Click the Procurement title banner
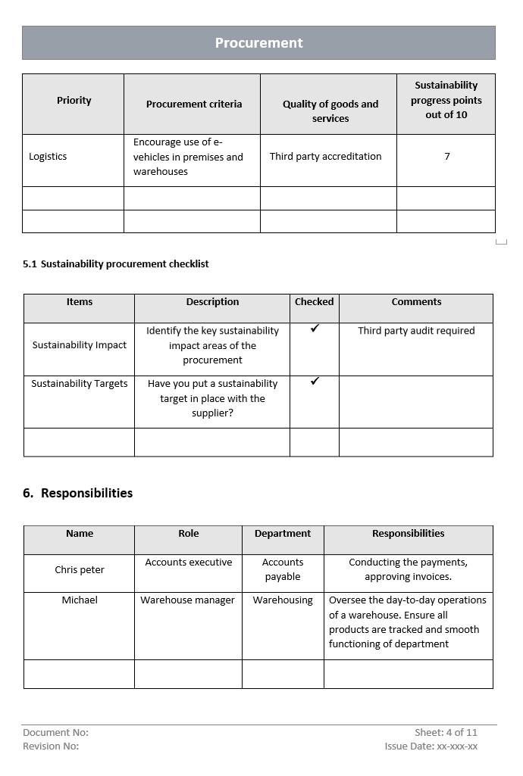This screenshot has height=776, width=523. click(258, 43)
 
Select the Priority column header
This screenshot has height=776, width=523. click(74, 101)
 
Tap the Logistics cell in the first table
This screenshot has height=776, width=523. click(48, 157)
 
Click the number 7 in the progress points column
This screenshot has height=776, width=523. click(447, 157)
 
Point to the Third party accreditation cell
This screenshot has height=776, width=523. click(325, 157)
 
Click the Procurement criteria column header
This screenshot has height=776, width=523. click(194, 104)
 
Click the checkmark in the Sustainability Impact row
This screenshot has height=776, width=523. click(315, 329)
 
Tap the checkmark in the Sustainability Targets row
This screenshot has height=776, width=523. click(315, 381)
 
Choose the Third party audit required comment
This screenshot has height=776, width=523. click(416, 331)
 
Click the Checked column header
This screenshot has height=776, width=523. click(314, 302)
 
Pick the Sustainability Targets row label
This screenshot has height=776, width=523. click(80, 384)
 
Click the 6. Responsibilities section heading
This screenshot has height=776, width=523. click(77, 493)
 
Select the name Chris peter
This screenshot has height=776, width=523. click(80, 570)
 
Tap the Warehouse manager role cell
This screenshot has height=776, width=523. click(187, 600)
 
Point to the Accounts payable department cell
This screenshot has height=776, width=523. click(283, 569)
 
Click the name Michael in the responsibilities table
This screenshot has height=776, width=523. click(80, 600)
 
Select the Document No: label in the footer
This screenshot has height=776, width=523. click(55, 732)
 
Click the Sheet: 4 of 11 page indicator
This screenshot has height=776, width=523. click(446, 732)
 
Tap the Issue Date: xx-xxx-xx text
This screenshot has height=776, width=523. click(431, 746)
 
